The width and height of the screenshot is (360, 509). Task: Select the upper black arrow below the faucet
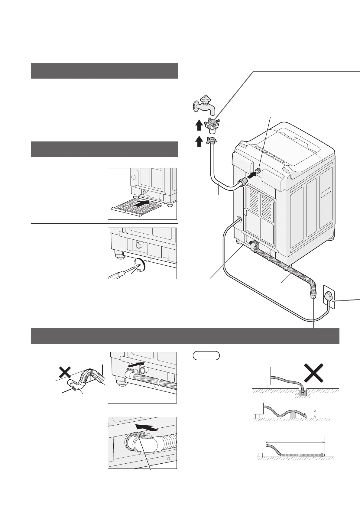pos(199,125)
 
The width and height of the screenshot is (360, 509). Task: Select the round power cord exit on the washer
pos(239,219)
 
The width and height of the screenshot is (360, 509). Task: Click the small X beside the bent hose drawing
pos(65,372)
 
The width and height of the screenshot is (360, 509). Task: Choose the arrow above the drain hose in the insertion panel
pos(135,365)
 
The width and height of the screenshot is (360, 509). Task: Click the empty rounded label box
pos(206,355)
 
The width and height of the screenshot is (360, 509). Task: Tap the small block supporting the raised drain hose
pos(293,415)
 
